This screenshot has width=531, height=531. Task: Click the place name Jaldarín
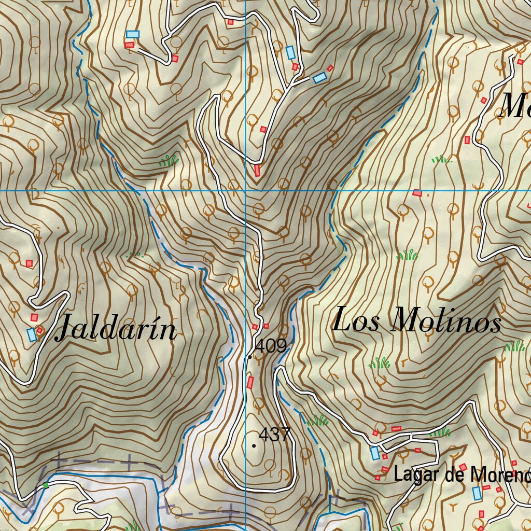pyautogui.click(x=116, y=328)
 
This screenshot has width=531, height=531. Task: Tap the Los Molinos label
pyautogui.click(x=416, y=320)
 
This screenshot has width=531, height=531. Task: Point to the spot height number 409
pyautogui.click(x=271, y=346)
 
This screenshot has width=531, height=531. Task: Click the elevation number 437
pyautogui.click(x=274, y=434)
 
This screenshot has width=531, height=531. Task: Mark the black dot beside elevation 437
pyautogui.click(x=254, y=445)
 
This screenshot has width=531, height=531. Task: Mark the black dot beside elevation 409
pyautogui.click(x=250, y=357)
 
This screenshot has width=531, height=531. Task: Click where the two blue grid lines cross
pyautogui.click(x=245, y=190)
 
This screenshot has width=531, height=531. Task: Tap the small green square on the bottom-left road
pyautogui.click(x=46, y=485)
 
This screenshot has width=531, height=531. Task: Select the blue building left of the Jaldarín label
pyautogui.click(x=32, y=334)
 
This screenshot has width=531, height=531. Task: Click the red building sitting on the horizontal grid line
pyautogui.click(x=417, y=193)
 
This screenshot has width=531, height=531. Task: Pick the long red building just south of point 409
pyautogui.click(x=250, y=383)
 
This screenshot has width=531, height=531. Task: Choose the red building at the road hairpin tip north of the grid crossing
pyautogui.click(x=257, y=170)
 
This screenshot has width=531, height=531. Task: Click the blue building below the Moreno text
pyautogui.click(x=477, y=493)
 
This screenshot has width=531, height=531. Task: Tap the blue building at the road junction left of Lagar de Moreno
pyautogui.click(x=375, y=453)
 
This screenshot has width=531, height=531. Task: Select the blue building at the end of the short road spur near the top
pyautogui.click(x=320, y=78)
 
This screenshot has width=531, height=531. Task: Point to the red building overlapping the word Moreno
pyautogui.click(x=463, y=468)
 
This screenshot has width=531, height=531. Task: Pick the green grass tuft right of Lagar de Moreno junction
pyautogui.click(x=440, y=432)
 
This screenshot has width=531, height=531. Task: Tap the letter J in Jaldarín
pyautogui.click(x=66, y=328)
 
